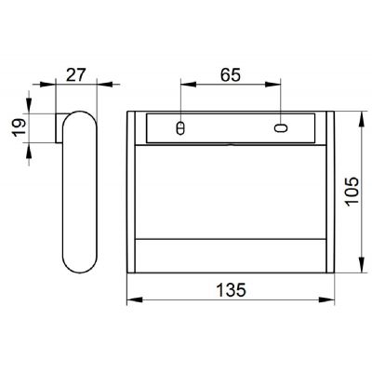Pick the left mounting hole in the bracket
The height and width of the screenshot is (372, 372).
(180, 126)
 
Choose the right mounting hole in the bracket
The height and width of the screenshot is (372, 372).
(279, 126)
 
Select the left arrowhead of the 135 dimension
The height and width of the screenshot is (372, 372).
(130, 300)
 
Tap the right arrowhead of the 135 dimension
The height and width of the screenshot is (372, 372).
(330, 300)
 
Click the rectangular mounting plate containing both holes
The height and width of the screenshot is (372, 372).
(230, 127)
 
